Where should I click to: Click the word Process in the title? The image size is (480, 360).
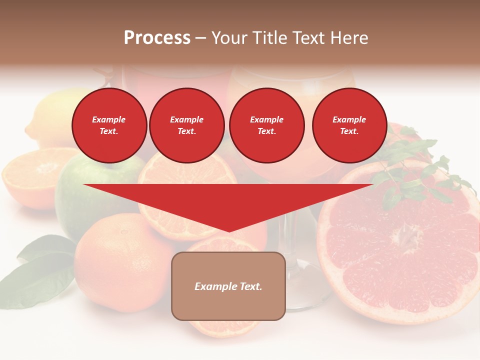tap(157, 38)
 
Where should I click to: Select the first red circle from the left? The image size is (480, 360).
tap(109, 125)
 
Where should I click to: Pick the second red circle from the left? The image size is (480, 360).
tap(187, 125)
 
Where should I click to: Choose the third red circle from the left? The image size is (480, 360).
tap(267, 125)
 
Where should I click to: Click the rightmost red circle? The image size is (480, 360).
tap(349, 125)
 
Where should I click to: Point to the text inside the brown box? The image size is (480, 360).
tap(228, 286)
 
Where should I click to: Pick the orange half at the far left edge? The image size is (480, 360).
tap(30, 177)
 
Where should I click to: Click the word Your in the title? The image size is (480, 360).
tap(231, 38)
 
